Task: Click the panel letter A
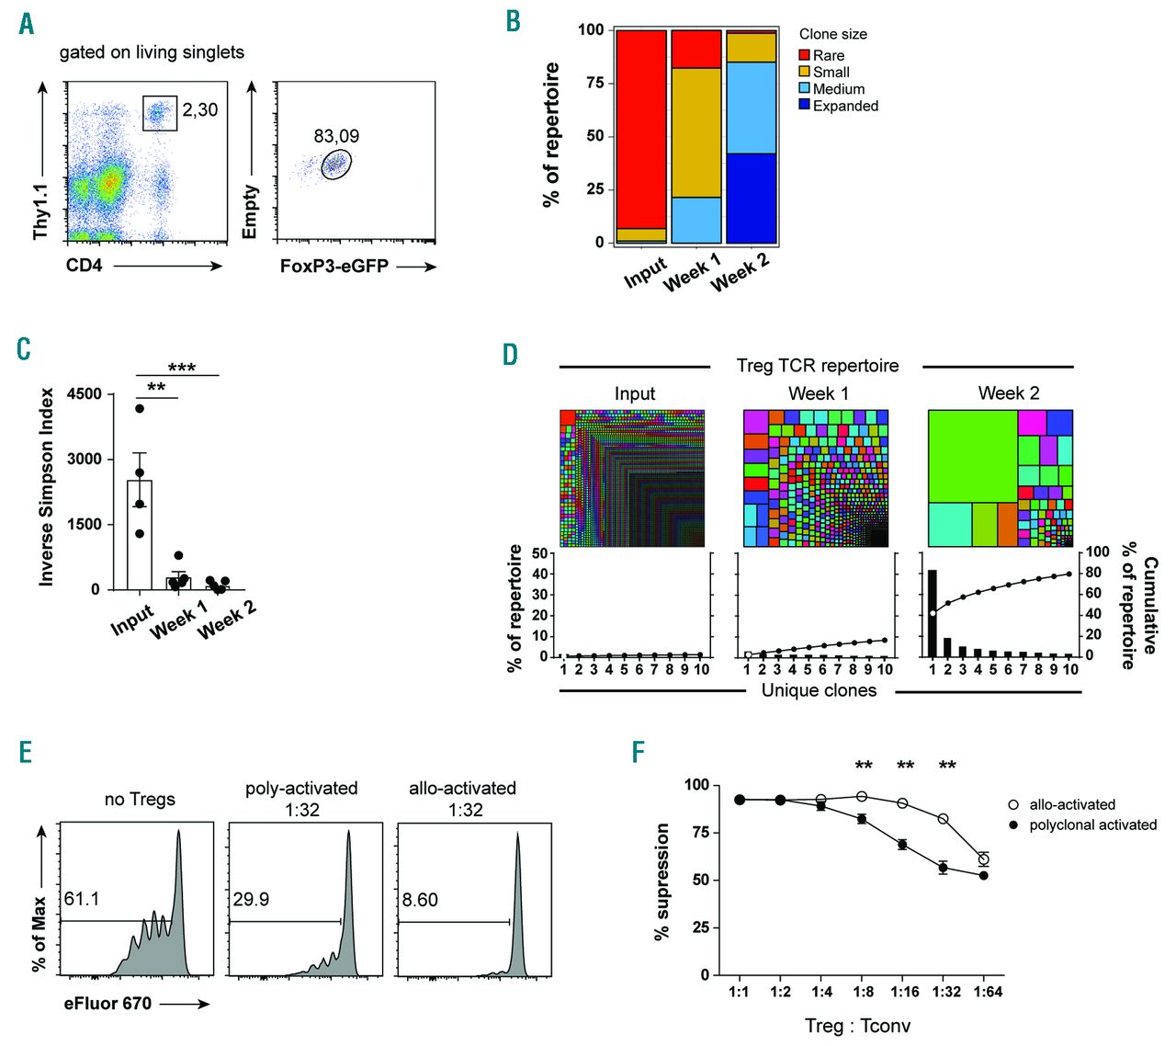tap(27, 23)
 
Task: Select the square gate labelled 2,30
tap(159, 113)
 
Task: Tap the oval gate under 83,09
tap(337, 165)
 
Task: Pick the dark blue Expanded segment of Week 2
tap(751, 198)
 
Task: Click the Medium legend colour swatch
tap(805, 89)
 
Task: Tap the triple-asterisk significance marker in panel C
tap(181, 368)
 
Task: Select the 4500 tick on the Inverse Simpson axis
tap(85, 394)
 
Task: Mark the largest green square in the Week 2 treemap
tap(972, 456)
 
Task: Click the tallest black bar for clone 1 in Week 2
tap(933, 612)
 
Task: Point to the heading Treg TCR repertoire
tap(817, 366)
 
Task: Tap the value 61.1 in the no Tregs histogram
tap(82, 898)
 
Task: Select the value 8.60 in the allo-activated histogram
tap(420, 900)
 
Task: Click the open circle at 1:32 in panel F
tap(943, 819)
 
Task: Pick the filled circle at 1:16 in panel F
tap(902, 845)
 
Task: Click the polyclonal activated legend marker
tap(1013, 824)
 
